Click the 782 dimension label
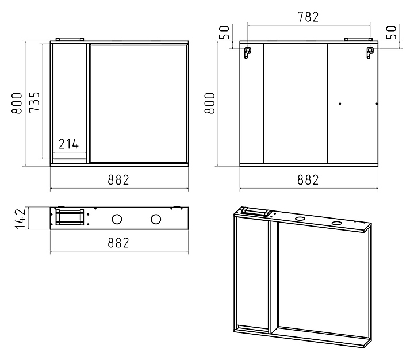tap(308, 17)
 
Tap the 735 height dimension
tap(34, 102)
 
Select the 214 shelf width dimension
tap(68, 144)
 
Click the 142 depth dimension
tap(20, 219)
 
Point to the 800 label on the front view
tap(17, 103)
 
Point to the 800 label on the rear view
tap(210, 103)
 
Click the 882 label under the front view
tap(118, 180)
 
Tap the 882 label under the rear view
tap(308, 180)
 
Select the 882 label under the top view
tap(118, 243)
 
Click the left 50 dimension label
tap(224, 32)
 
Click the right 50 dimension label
tap(392, 32)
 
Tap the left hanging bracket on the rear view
tap(247, 53)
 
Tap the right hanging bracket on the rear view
tap(370, 53)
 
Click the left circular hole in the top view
tap(117, 220)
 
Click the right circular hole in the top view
tap(156, 220)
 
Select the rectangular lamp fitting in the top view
tap(70, 217)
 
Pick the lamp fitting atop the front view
tap(70, 40)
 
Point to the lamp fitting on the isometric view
tap(256, 212)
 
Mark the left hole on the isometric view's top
tap(300, 219)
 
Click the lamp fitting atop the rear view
tap(358, 40)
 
